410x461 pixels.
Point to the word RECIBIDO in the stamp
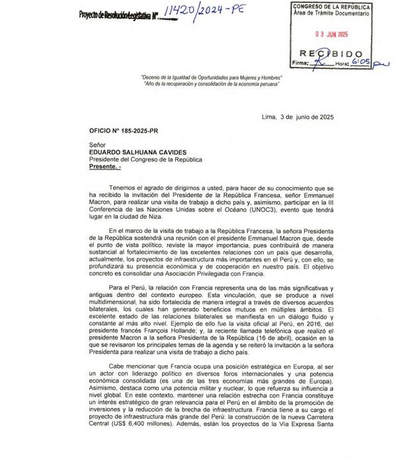[x=331, y=53]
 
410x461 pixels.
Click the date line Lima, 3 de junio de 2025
[x=298, y=116]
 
